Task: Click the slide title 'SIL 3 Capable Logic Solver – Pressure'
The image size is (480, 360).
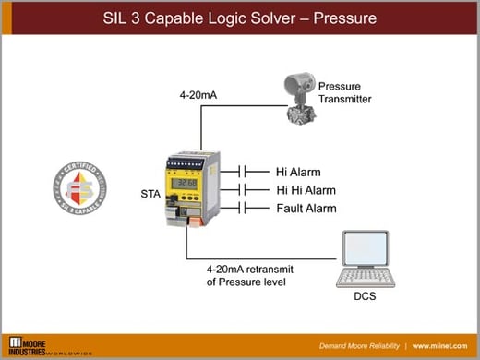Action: point(240,18)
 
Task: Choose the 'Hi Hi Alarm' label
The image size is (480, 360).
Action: point(306,190)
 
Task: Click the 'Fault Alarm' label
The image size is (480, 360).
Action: point(306,209)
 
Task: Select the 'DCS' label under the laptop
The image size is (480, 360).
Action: point(365,299)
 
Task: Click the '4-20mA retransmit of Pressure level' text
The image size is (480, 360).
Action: point(246,275)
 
